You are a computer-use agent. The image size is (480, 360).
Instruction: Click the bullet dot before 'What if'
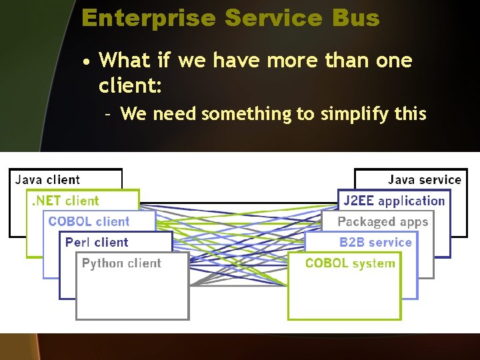coord(87,62)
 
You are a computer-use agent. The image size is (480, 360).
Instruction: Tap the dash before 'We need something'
coord(108,114)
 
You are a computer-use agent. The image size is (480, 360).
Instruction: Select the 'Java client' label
coord(47,179)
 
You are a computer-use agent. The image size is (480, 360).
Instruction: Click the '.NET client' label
coord(65,201)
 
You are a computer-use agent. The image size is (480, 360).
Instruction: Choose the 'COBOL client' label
coord(89,221)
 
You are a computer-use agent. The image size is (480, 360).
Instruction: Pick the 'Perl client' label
coord(97,242)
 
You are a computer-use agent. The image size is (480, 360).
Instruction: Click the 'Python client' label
coord(121,263)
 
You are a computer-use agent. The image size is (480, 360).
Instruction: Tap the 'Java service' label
coord(424,179)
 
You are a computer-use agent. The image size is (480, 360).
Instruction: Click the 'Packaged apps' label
coord(383,221)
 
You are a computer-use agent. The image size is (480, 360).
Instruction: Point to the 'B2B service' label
coord(375,242)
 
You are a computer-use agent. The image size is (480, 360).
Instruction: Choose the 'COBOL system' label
coord(350,263)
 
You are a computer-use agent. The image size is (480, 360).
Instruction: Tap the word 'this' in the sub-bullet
coord(410,114)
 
